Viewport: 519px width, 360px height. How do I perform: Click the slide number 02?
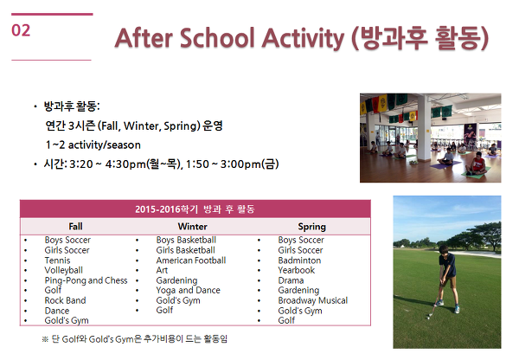[x=21, y=30]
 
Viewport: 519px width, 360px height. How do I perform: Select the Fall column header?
[x=75, y=227]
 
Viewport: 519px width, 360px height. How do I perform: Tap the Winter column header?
[x=192, y=227]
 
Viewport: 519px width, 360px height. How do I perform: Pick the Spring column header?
[x=311, y=227]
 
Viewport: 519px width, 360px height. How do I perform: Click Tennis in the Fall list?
[x=57, y=260]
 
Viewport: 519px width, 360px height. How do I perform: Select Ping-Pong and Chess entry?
[x=86, y=280]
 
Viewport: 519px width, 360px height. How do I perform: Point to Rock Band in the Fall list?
[x=65, y=300]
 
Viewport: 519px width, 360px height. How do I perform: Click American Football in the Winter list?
[x=191, y=260]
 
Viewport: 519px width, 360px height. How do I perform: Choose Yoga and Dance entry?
[x=188, y=291]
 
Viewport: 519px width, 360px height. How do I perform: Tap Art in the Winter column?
[x=162, y=270]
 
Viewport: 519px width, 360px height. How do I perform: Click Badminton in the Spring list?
[x=299, y=260]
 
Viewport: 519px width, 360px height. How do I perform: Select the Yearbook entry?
[x=296, y=270]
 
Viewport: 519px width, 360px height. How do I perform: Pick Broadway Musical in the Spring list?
[x=313, y=300]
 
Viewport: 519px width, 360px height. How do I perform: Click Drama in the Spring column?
[x=291, y=280]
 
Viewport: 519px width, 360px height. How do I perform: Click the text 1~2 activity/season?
[x=93, y=145]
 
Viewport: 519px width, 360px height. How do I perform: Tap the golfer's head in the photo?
[x=443, y=250]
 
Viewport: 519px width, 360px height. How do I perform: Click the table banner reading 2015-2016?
[x=195, y=209]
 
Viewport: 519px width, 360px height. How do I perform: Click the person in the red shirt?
[x=477, y=164]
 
